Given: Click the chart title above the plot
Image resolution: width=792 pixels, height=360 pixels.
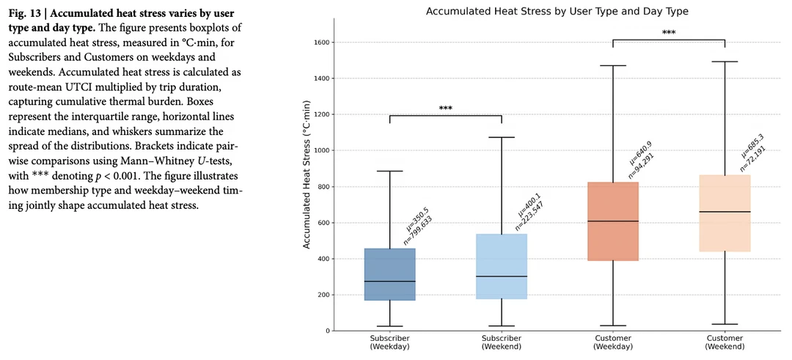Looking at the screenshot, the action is (x=557, y=10).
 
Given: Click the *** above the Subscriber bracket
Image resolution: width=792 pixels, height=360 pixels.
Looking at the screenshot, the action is (x=446, y=108).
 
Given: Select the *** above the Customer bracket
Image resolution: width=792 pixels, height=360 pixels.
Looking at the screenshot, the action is (x=669, y=33).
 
